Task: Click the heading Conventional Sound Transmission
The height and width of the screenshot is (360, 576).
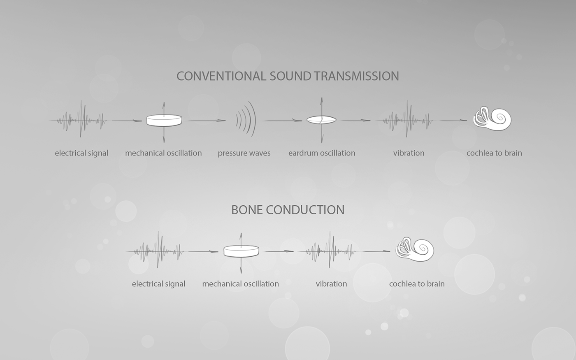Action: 288,76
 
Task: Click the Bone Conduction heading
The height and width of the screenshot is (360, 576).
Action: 288,210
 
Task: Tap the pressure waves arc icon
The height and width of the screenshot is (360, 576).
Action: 246,120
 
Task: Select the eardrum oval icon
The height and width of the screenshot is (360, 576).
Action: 321,120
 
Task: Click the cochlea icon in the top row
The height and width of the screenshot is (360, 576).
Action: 492,118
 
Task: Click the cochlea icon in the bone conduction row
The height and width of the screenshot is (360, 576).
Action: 415,249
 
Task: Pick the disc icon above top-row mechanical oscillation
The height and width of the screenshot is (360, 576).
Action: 164,120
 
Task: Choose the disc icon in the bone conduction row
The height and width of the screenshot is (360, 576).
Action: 241,251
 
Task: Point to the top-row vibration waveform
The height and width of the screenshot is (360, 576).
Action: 408,120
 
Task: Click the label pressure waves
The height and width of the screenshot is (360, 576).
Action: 244,153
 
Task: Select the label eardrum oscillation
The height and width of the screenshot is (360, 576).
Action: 322,153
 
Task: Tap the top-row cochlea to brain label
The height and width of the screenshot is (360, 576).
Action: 494,153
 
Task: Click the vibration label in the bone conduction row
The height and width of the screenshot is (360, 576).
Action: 331,284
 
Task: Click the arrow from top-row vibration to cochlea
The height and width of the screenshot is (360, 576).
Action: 453,121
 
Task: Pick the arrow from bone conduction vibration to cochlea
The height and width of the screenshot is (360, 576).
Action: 376,251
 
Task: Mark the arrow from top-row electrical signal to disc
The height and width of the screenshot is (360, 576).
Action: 126,121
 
